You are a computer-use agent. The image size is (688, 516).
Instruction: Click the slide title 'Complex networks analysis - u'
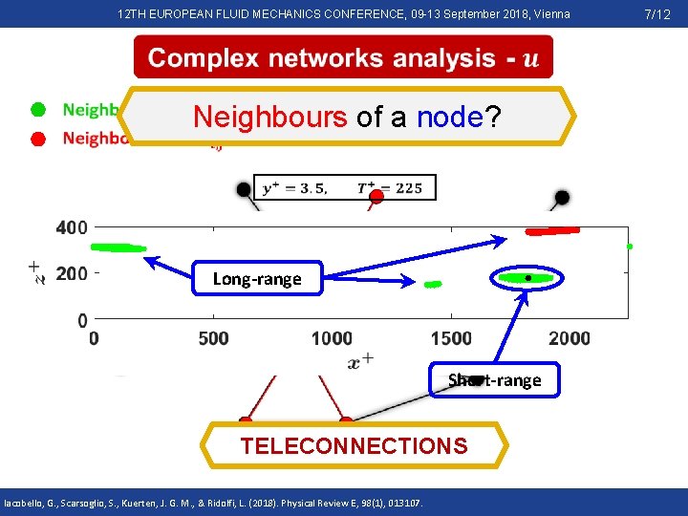tap(343, 58)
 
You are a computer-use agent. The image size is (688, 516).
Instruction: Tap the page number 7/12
tap(658, 14)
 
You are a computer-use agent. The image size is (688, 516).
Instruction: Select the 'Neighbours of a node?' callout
tap(348, 118)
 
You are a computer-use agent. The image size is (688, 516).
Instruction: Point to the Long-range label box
tap(256, 279)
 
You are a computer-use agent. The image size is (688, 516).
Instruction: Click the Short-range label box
tap(494, 380)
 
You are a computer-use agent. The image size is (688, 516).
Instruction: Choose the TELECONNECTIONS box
tap(355, 446)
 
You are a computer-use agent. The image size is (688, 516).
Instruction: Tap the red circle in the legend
tap(37, 139)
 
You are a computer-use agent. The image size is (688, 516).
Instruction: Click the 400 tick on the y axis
tap(72, 227)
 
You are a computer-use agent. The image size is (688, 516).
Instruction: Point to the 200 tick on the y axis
tap(72, 274)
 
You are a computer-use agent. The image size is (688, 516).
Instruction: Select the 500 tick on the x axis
tap(213, 338)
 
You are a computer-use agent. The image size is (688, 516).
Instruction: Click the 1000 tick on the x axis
tap(332, 338)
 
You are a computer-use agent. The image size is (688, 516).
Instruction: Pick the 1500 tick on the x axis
tap(451, 338)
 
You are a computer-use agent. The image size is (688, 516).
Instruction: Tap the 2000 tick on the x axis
tap(570, 338)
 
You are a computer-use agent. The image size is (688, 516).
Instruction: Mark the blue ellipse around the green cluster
tap(527, 278)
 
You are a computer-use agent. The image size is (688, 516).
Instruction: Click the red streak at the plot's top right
tap(552, 230)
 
